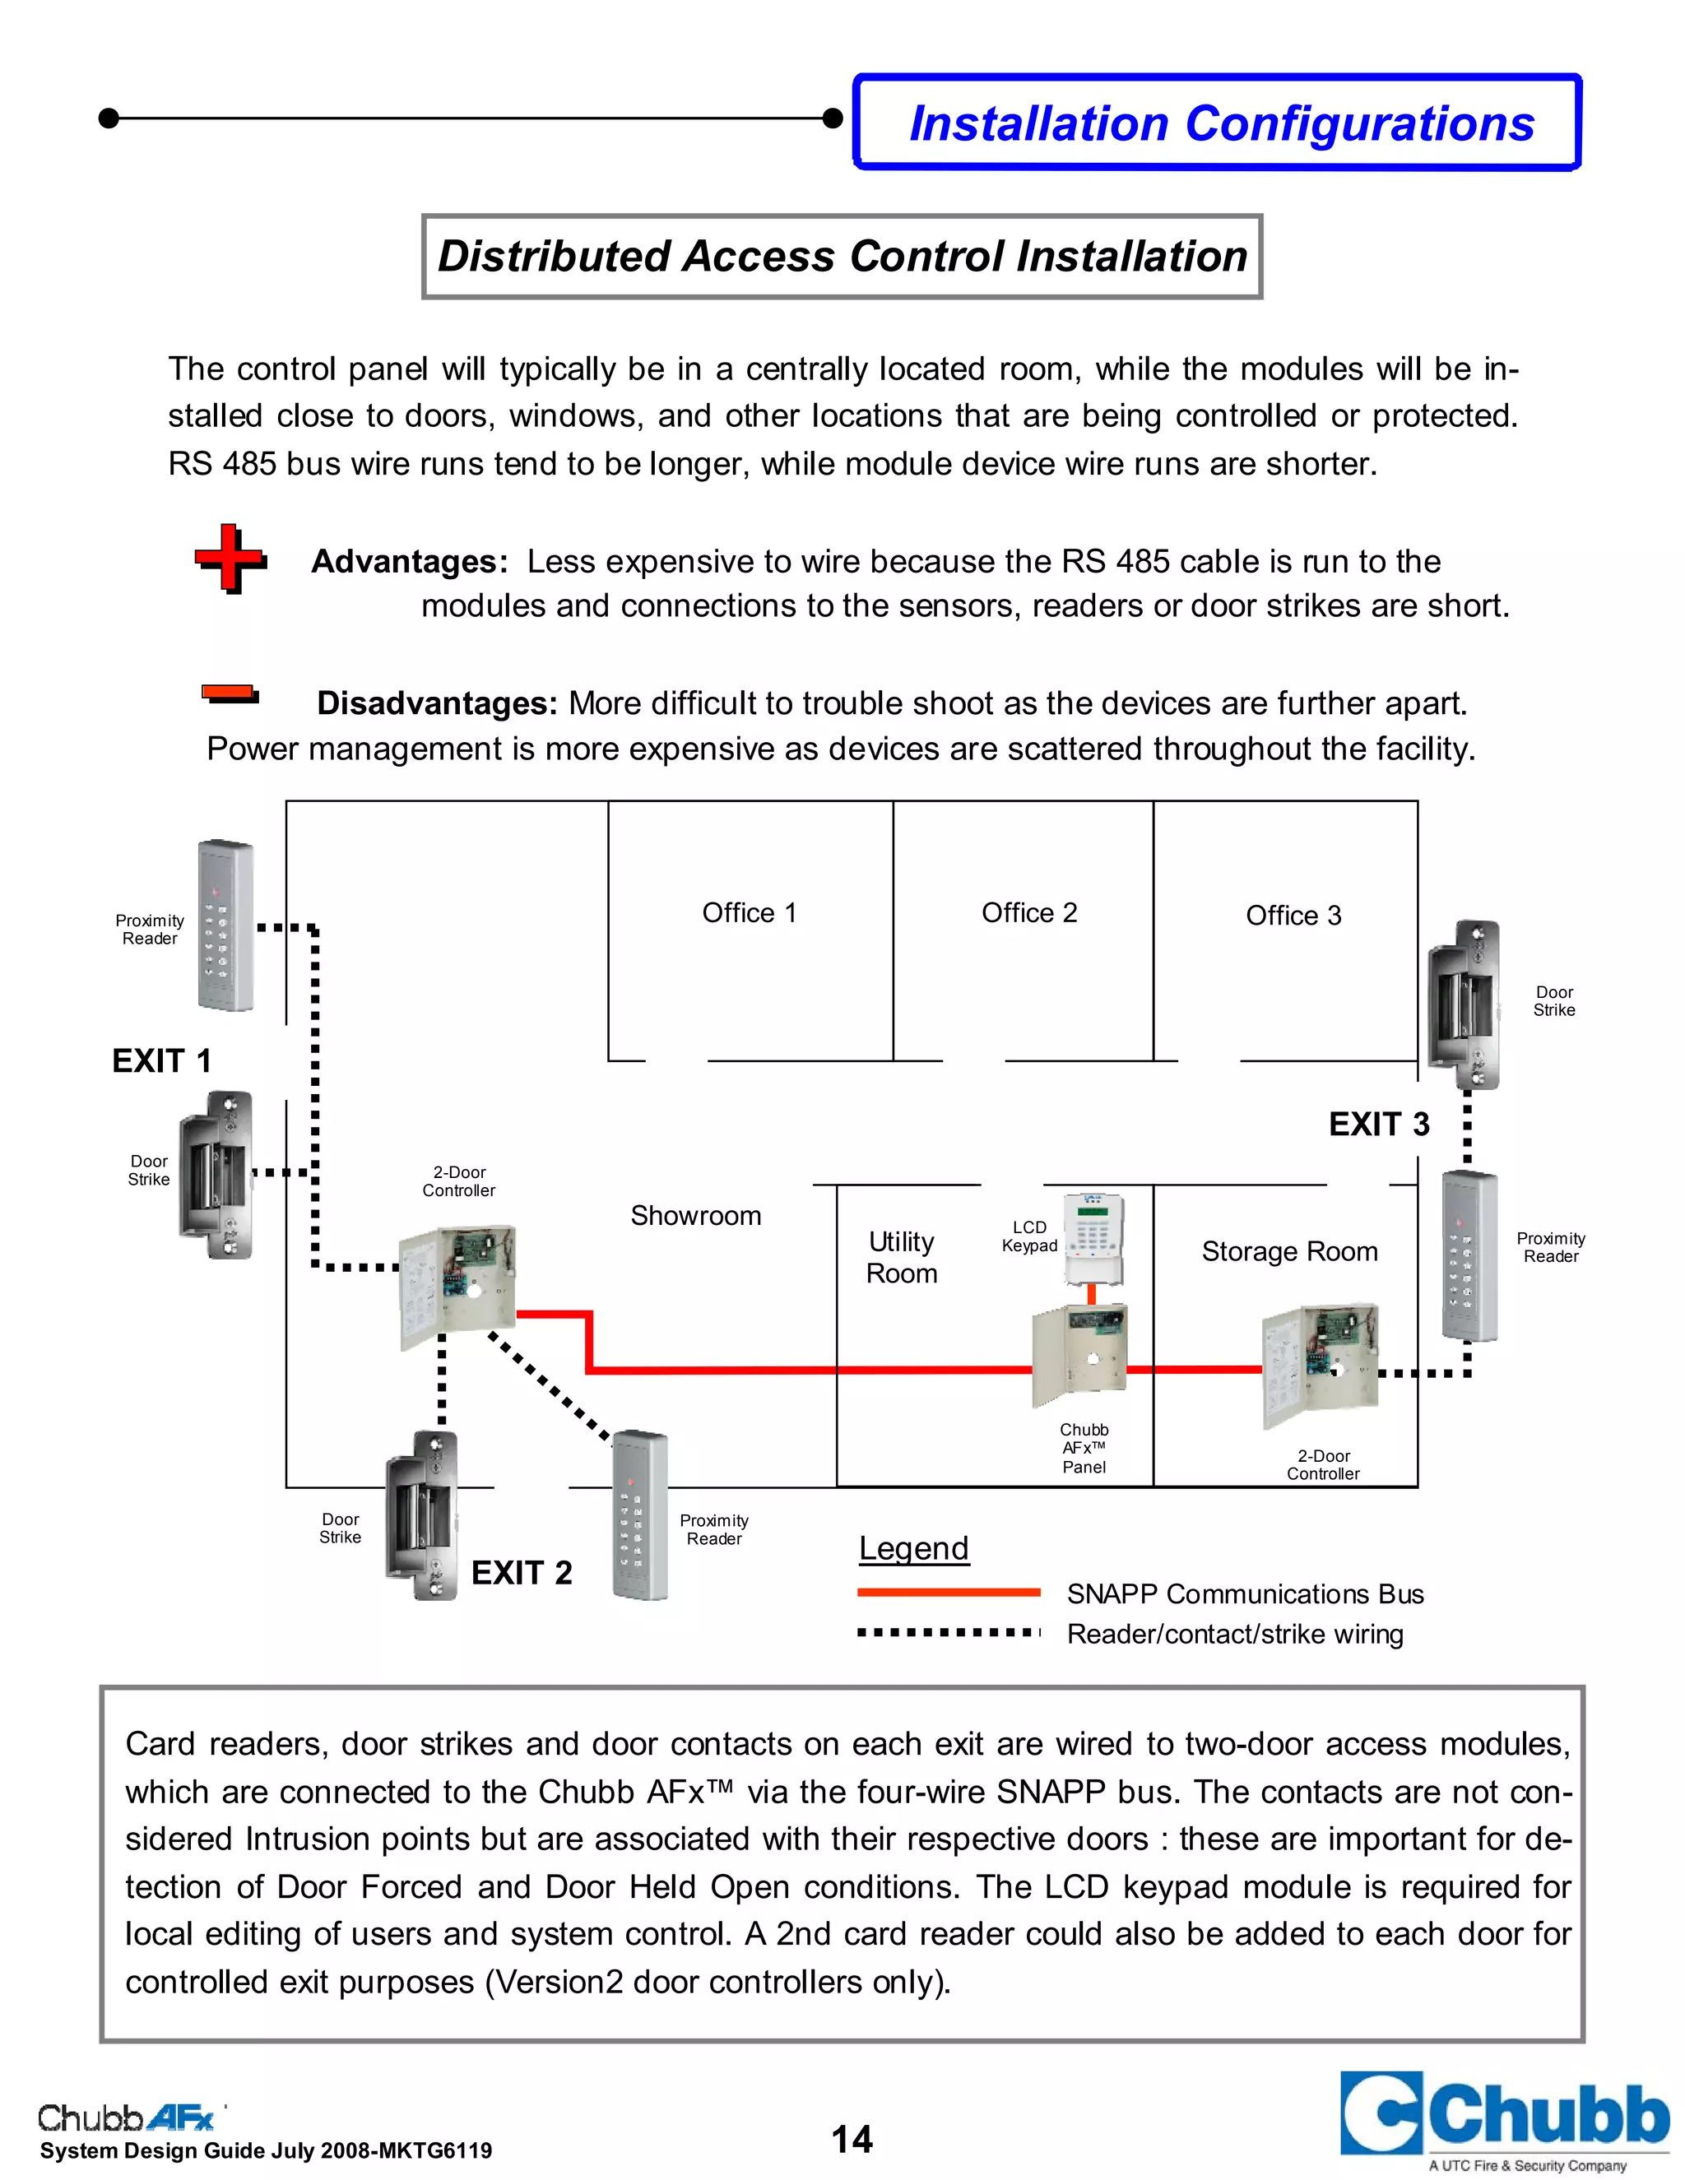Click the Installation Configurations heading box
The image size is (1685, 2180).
[x=1218, y=123]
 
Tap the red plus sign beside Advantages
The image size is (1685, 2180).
[x=230, y=558]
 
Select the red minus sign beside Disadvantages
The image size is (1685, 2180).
[x=230, y=693]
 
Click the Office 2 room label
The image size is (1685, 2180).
[x=1029, y=913]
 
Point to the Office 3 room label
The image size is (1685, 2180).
[x=1293, y=916]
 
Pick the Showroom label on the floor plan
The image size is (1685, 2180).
[x=696, y=1216]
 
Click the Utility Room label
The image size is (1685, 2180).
[x=902, y=1258]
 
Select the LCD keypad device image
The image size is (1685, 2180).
[x=1094, y=1238]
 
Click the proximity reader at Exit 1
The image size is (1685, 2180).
[x=225, y=925]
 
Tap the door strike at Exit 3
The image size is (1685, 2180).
[x=1465, y=1004]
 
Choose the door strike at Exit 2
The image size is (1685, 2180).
[x=422, y=1514]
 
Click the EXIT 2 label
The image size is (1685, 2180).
[x=521, y=1573]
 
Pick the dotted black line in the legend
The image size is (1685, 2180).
[x=949, y=1633]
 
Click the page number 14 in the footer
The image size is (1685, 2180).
[x=852, y=2139]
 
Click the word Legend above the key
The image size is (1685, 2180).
[x=913, y=1548]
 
